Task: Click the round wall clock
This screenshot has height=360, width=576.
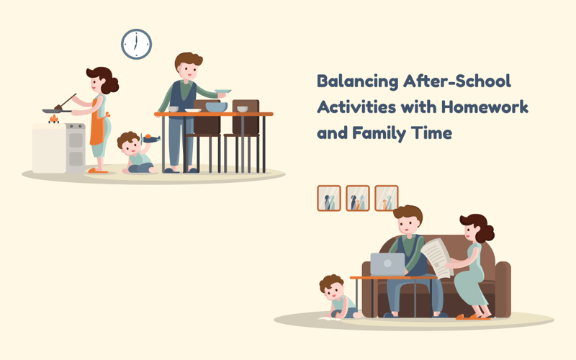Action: point(136,44)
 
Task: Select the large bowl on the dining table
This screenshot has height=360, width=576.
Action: point(215,107)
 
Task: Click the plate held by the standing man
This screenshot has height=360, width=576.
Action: point(222,91)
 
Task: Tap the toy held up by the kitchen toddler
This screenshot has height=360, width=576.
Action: point(150,138)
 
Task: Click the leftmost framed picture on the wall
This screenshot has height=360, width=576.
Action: point(329,198)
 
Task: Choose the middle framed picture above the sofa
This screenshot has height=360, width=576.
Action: point(358,198)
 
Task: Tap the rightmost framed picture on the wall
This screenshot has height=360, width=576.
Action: point(387,198)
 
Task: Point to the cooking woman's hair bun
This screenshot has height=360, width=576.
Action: point(112,86)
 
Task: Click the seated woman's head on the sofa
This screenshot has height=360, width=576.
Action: point(476,230)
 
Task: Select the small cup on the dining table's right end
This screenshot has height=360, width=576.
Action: point(243,109)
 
